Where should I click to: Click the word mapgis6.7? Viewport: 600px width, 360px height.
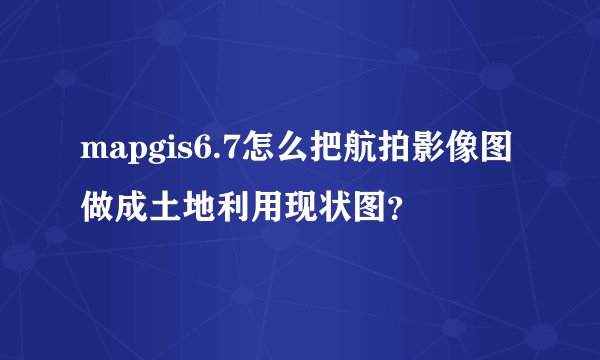tap(160, 153)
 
